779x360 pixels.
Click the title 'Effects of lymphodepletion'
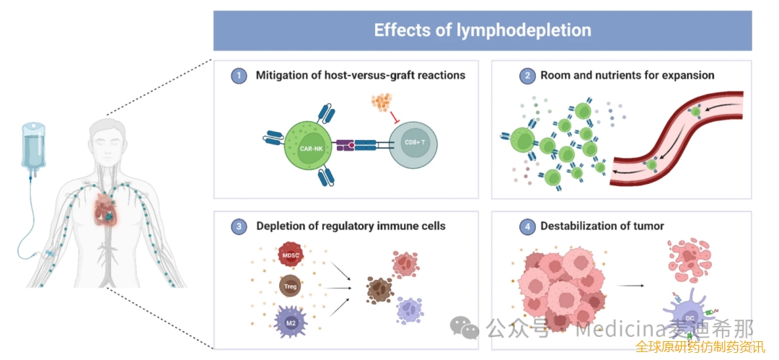[x=482, y=30]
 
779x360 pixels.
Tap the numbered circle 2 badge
[x=527, y=75]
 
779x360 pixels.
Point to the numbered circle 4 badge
[x=527, y=227]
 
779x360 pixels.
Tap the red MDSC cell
[x=290, y=256]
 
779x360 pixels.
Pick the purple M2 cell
[x=290, y=322]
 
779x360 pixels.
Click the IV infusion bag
[x=31, y=149]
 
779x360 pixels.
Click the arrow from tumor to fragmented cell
[x=632, y=286]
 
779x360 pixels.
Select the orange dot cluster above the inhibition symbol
[x=383, y=104]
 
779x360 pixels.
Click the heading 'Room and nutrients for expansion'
[x=627, y=75]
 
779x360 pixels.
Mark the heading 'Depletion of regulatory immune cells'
[x=351, y=227]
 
